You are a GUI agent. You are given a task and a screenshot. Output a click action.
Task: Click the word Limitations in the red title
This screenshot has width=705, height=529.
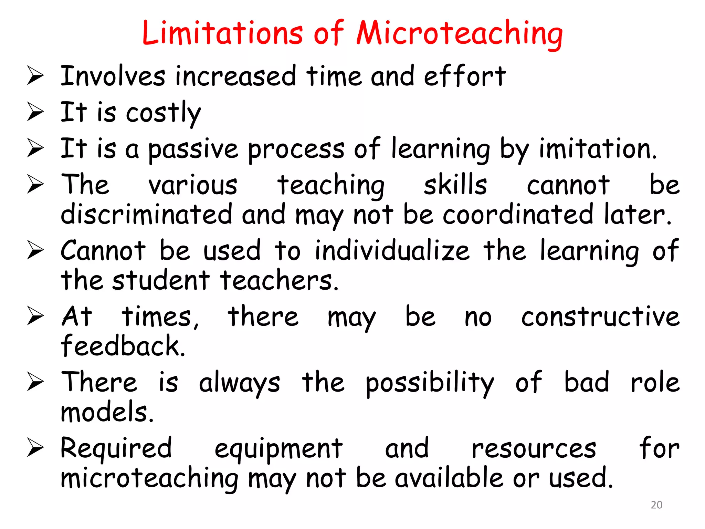point(222,33)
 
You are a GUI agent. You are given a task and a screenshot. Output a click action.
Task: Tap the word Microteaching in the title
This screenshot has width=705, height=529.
point(460,34)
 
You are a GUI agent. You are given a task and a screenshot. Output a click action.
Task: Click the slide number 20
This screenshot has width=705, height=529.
point(656,505)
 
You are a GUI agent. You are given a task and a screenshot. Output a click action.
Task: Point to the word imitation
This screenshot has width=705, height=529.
point(598,149)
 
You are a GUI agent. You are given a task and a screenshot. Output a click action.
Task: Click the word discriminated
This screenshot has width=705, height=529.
point(146,214)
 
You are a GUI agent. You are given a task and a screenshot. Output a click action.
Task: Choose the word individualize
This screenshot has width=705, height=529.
point(392,251)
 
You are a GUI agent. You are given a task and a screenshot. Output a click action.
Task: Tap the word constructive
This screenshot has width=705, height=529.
point(600,317)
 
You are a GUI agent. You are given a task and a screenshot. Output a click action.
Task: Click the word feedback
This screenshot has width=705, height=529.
point(123,346)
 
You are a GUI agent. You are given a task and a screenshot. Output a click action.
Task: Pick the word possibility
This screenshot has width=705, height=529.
point(430,383)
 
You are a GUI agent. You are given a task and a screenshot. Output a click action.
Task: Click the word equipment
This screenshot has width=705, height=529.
point(278,449)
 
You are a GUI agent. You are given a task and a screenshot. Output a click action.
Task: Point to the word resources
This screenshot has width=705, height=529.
point(534,449)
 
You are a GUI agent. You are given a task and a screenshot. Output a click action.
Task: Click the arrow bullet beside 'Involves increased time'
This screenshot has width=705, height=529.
point(35,76)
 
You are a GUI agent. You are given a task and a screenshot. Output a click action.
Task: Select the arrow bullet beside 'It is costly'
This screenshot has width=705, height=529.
point(35,112)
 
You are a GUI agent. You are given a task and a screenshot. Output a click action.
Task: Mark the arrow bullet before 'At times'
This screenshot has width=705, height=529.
point(35,317)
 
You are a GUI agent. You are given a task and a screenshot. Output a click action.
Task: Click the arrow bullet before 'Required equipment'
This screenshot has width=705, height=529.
point(35,449)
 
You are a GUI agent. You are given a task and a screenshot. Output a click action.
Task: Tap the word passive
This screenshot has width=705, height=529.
point(193,149)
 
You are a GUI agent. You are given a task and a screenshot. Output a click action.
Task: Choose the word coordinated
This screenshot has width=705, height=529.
point(518,214)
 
